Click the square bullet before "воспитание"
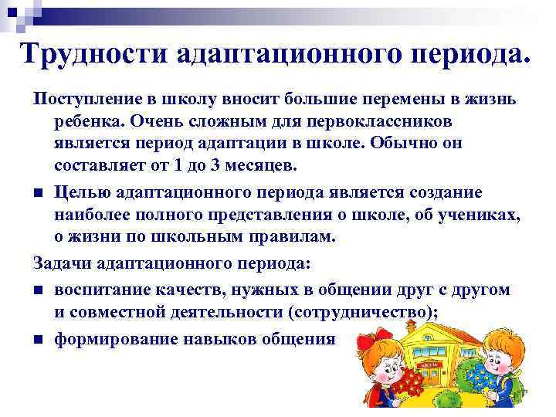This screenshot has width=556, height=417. coord(38,290)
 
